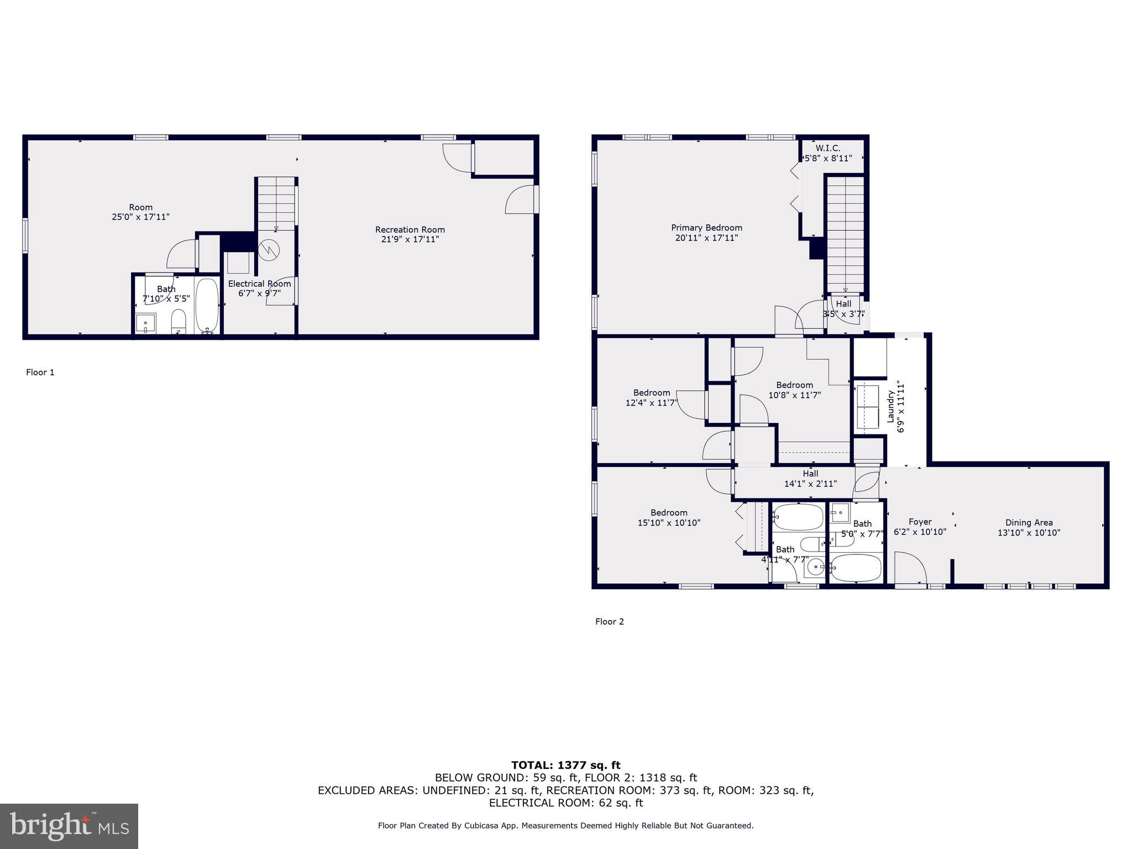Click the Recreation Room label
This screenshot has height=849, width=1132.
tap(410, 230)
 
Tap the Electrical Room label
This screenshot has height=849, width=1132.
tap(259, 284)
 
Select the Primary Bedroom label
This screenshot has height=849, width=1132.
tap(706, 228)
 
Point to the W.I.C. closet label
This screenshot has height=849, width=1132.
tap(827, 148)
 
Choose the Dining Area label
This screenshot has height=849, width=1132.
tap(1029, 522)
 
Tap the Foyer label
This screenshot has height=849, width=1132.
tap(920, 522)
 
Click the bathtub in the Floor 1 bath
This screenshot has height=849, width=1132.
tap(207, 305)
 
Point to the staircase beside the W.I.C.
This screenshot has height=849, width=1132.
tap(845, 232)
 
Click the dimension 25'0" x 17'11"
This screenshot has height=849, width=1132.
tap(140, 217)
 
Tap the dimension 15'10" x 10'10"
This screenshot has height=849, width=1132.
tap(669, 522)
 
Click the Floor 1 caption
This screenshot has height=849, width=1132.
tap(40, 372)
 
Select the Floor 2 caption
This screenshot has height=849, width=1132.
tap(610, 621)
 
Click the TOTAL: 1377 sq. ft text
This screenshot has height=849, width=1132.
tap(565, 765)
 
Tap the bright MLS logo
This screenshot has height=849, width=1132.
tap(69, 826)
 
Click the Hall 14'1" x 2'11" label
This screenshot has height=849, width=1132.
tap(810, 479)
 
